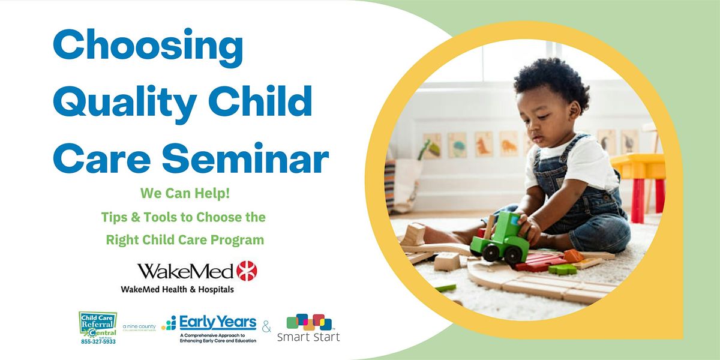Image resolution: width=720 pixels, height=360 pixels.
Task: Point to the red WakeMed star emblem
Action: point(247,271)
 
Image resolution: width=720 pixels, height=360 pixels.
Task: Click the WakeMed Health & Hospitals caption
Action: point(178,289)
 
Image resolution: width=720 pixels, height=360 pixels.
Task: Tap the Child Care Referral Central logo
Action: point(98,325)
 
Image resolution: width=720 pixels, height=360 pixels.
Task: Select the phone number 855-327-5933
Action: point(98,342)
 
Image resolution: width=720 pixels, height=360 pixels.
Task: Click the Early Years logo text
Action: point(217,322)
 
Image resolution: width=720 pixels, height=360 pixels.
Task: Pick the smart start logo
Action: point(308,328)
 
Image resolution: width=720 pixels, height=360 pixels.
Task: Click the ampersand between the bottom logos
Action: point(267,328)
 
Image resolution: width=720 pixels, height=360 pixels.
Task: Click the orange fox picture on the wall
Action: point(484,145)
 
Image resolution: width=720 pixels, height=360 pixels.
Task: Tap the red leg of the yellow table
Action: point(637,200)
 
